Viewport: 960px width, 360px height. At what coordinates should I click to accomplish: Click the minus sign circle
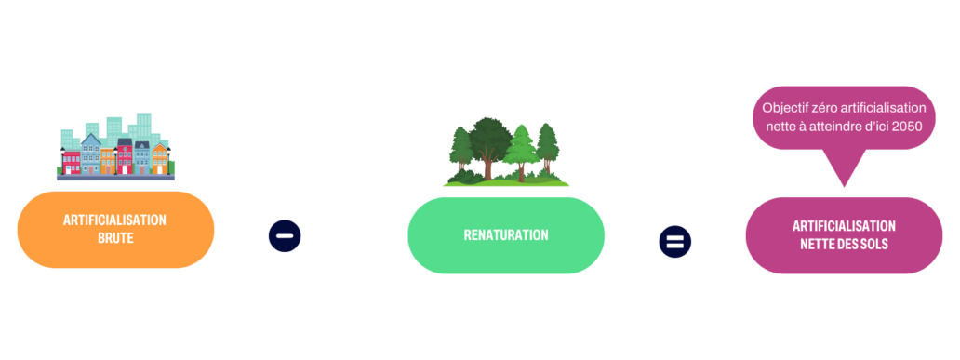285,236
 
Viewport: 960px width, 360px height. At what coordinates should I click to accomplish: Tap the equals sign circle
674,242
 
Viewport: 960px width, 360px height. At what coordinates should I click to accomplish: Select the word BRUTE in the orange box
114,238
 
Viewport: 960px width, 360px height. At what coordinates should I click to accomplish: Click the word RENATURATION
506,235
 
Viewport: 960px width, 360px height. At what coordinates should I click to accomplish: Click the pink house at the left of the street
73,160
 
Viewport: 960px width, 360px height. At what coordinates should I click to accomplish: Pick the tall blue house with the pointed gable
91,153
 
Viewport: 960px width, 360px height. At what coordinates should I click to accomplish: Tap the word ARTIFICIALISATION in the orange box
114,220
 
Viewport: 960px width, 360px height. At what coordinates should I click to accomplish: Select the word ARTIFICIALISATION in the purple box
844,226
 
